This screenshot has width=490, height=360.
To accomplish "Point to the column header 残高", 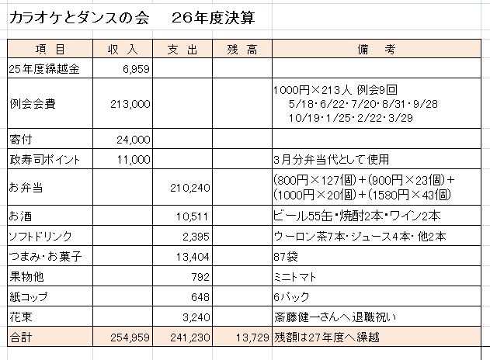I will (x=241, y=49).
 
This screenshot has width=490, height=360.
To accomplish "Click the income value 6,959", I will (x=136, y=68).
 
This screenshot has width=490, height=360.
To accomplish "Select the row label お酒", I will (x=18, y=214).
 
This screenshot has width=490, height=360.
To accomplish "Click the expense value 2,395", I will (x=196, y=234).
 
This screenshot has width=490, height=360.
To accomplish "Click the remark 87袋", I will (x=285, y=254).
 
